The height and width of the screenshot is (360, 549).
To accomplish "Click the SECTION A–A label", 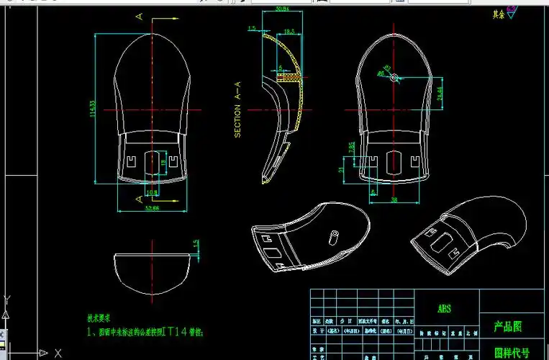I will click(237, 112).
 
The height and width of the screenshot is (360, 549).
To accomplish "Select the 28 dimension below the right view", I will click(394, 199).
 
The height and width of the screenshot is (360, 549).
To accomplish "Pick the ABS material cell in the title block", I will click(444, 308).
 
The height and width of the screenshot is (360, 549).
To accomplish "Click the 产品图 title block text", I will click(508, 326).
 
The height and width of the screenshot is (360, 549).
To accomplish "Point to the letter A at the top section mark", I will click(138, 15).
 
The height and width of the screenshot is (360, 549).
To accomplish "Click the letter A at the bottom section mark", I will click(138, 198).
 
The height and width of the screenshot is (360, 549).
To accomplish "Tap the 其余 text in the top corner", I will click(497, 13).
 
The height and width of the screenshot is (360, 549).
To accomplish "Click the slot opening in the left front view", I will click(152, 161).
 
